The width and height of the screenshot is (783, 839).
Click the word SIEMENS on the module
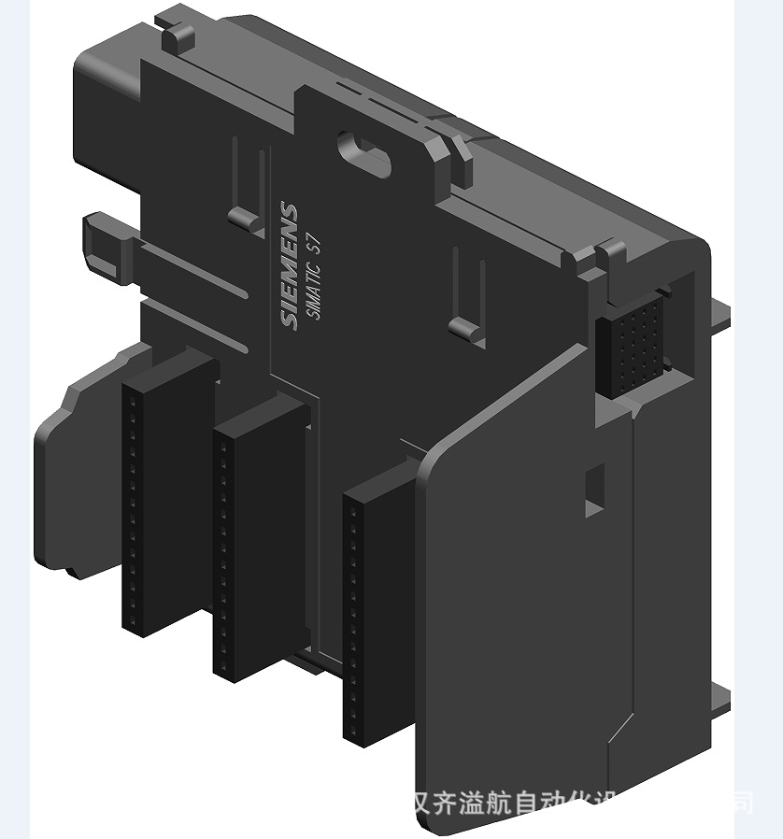click(x=290, y=265)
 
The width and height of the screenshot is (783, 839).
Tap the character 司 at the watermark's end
click(x=742, y=803)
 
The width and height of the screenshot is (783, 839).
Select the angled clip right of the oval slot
click(x=448, y=155)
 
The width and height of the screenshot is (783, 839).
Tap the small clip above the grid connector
click(x=612, y=252)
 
